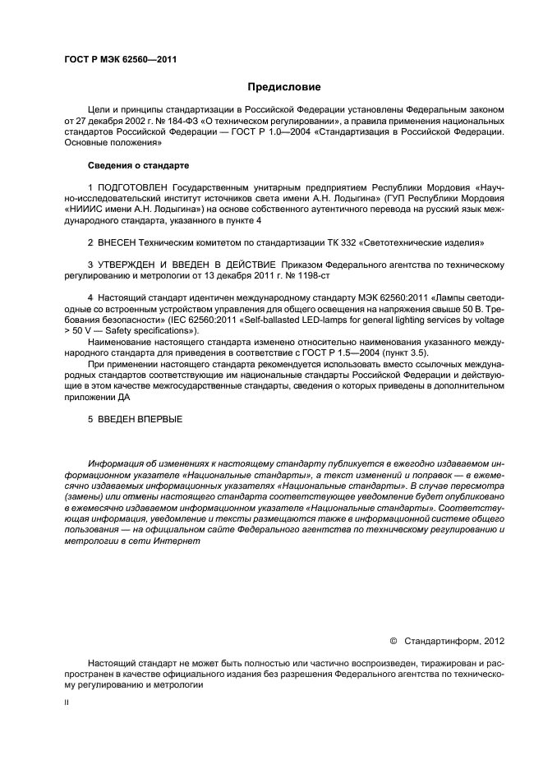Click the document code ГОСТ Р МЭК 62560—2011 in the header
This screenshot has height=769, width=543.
(120, 59)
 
